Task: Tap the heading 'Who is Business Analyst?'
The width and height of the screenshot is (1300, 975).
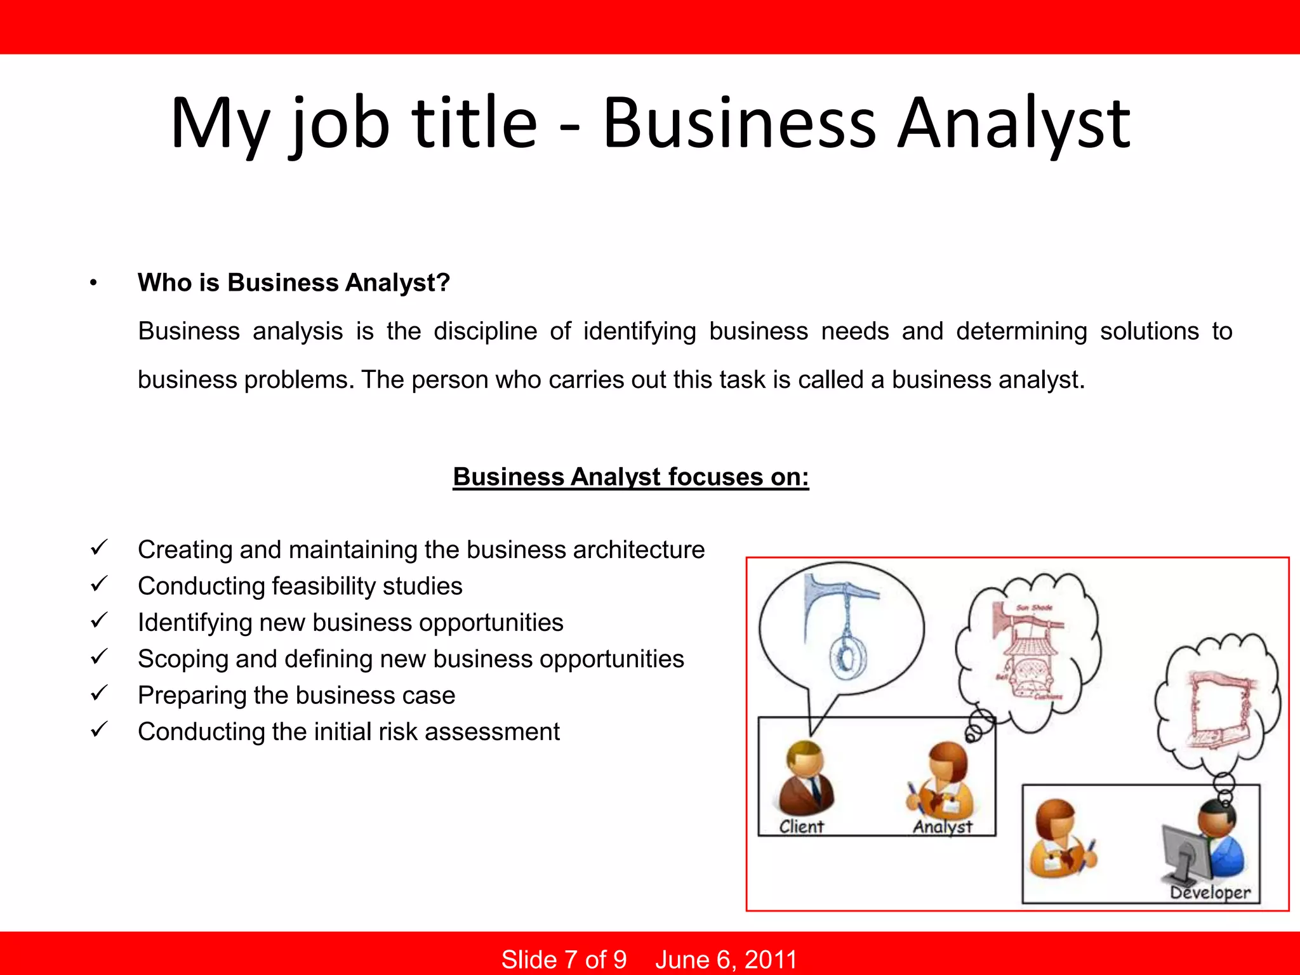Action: click(294, 282)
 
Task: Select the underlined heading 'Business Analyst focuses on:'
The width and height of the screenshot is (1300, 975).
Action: click(631, 477)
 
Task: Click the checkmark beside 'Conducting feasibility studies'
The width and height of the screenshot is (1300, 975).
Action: click(99, 584)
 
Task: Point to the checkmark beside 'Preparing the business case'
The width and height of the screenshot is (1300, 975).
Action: click(99, 693)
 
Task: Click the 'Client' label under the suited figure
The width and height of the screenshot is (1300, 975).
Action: click(801, 826)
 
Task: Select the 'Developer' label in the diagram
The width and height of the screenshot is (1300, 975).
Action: click(1210, 892)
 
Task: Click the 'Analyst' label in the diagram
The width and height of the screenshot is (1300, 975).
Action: click(942, 826)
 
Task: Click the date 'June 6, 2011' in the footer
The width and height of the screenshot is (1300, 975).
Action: click(726, 959)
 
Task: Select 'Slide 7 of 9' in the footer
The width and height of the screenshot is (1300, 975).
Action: click(564, 959)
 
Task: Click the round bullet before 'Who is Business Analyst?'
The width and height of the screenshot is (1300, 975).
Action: click(93, 283)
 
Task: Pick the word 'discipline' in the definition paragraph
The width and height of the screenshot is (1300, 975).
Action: click(485, 331)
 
